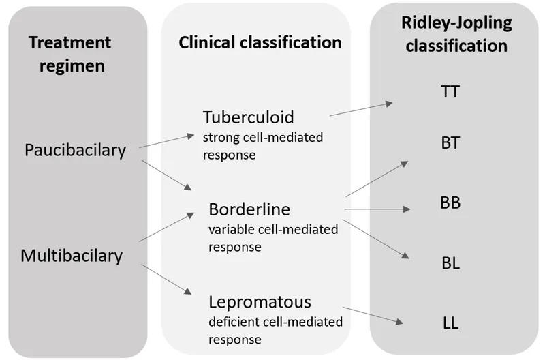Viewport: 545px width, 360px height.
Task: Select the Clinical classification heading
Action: pos(260,43)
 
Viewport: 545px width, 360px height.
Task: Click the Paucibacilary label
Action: pos(75,149)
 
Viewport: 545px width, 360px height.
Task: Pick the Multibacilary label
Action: pos(72,256)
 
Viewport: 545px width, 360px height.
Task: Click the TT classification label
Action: pos(450,91)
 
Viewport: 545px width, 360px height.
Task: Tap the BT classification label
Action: pos(450,143)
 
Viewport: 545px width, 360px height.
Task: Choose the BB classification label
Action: pos(450,203)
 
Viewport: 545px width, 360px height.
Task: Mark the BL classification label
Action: pos(450,262)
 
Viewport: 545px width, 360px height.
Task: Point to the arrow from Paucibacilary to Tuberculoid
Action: pos(166,141)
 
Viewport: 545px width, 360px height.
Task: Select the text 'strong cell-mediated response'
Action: pos(262,146)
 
